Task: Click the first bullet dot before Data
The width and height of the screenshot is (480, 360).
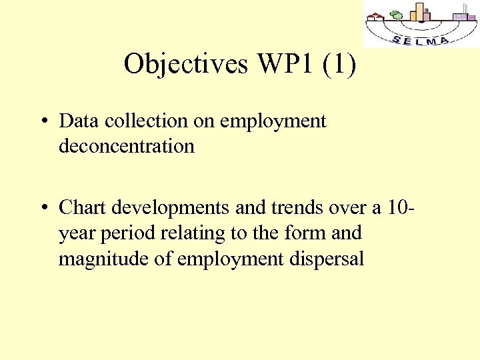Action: coord(42,122)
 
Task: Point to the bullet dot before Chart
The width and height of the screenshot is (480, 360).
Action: coord(42,209)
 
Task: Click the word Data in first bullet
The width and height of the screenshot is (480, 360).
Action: coord(77,121)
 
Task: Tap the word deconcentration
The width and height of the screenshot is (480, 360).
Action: coord(127,145)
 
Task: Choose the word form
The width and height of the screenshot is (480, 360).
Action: coord(301,233)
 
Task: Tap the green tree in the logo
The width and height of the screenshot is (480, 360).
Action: coord(397,15)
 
